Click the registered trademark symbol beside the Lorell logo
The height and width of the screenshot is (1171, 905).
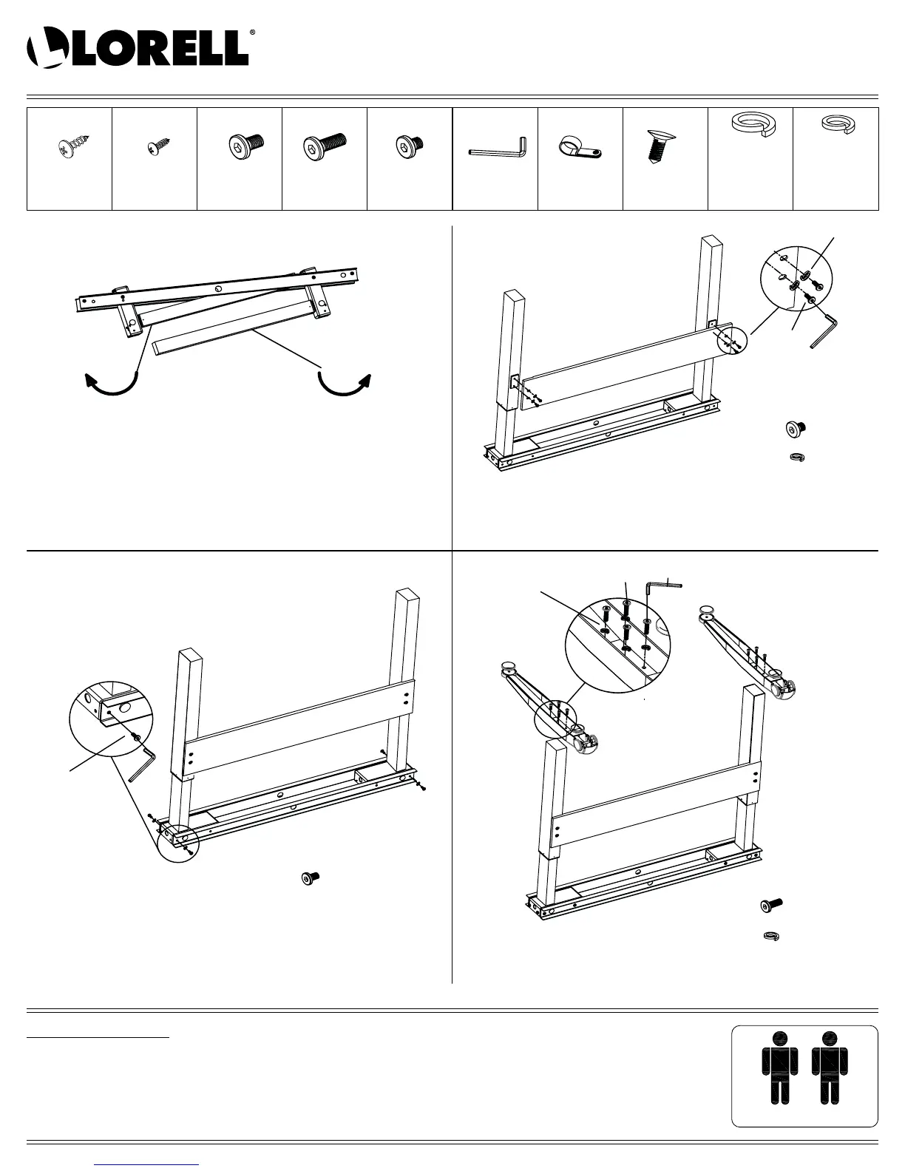[253, 33]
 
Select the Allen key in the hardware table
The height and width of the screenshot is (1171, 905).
[497, 149]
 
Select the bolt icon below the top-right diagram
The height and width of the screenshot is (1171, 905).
[795, 428]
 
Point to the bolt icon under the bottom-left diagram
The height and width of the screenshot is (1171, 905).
[311, 878]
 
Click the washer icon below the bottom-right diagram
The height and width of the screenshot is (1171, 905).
[772, 937]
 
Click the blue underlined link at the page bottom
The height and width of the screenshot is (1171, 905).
[147, 1164]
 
